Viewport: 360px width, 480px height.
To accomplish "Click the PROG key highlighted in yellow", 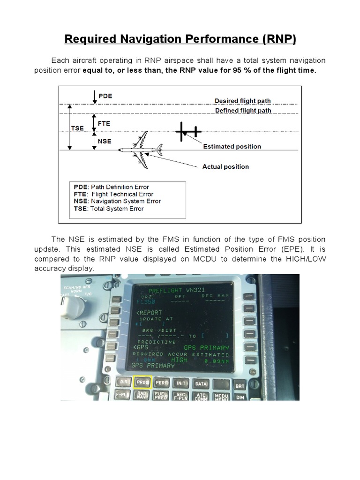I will point(141,382).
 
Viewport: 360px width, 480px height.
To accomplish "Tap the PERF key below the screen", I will point(162,382).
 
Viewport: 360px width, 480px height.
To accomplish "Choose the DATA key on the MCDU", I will point(201,383).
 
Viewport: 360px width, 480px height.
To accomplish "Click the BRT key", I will point(240,386).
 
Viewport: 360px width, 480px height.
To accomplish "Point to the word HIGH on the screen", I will point(179,360).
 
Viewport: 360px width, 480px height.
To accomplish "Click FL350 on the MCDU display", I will point(146,302).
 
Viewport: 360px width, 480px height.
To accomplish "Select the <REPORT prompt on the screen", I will point(149,313).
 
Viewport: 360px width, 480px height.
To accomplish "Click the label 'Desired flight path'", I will point(242,101).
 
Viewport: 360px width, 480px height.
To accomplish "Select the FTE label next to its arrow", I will point(104,124).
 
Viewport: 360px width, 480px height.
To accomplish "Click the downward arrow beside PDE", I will point(95,97).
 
